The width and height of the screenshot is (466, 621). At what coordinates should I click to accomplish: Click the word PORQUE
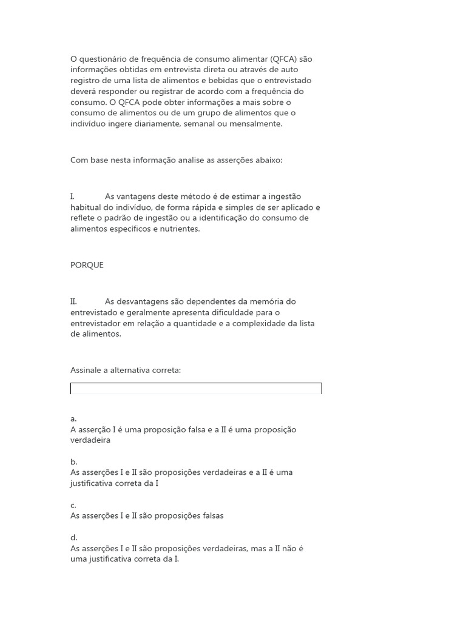pyautogui.click(x=87, y=265)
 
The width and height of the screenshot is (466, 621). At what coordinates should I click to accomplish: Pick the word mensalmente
pyautogui.click(x=256, y=124)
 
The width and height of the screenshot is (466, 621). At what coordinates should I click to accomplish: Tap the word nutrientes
pyautogui.click(x=179, y=229)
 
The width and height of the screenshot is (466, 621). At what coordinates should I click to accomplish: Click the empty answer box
pyautogui.click(x=196, y=389)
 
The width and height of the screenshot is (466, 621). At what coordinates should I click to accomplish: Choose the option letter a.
pyautogui.click(x=73, y=418)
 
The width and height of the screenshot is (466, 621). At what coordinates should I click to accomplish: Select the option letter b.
pyautogui.click(x=73, y=462)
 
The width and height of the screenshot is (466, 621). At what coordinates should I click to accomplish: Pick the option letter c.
pyautogui.click(x=73, y=505)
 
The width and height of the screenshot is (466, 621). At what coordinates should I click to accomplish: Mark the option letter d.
pyautogui.click(x=73, y=537)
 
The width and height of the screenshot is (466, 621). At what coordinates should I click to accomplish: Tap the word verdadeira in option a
pyautogui.click(x=90, y=440)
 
